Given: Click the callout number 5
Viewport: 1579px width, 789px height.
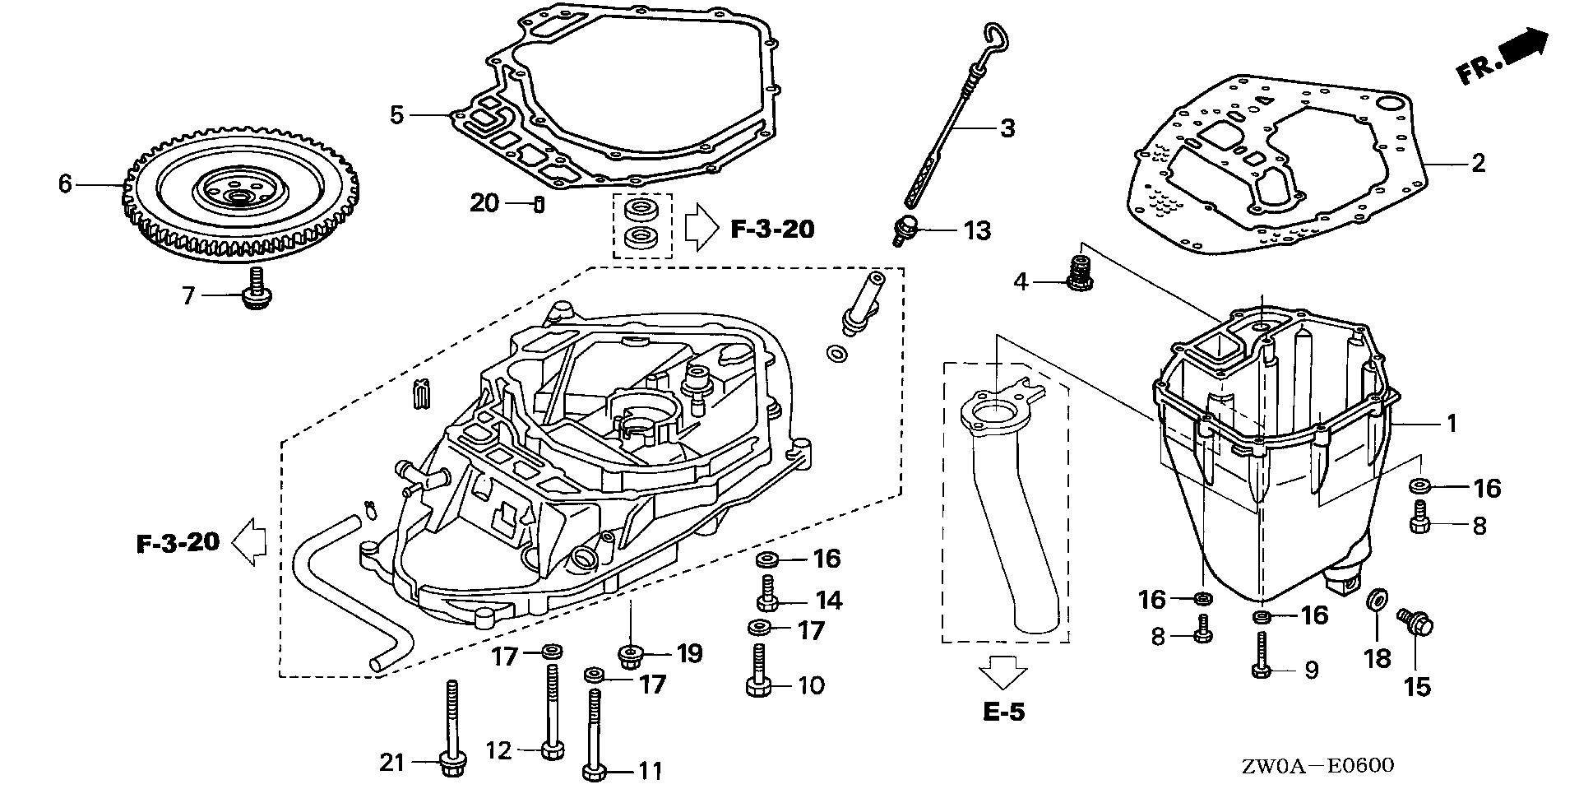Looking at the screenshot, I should coord(397,114).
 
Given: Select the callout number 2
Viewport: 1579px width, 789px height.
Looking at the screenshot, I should coord(1479,163).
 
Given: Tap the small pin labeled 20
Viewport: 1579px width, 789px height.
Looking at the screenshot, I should coord(536,203).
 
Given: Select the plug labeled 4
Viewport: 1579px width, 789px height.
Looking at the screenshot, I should coord(1079,275).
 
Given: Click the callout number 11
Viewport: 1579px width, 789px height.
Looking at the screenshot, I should coord(650,771).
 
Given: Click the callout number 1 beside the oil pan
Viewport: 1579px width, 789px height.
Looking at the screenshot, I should coord(1452,424).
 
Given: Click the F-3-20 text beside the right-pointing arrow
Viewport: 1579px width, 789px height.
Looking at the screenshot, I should coord(772,229).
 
